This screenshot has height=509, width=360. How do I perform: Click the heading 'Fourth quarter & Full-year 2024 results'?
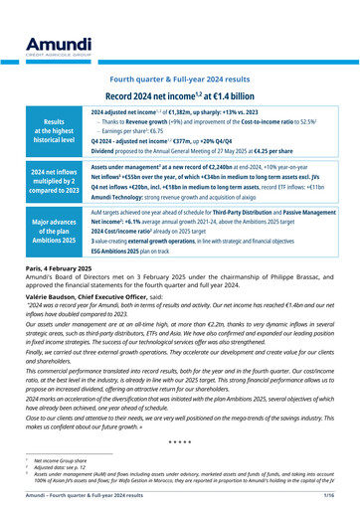pyautogui.click(x=179, y=78)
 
